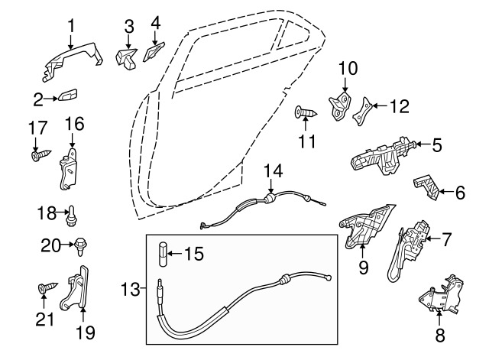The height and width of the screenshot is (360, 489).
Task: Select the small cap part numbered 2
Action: point(67,96)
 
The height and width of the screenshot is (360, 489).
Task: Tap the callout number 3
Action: point(129,27)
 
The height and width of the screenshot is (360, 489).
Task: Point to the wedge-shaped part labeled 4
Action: point(154,51)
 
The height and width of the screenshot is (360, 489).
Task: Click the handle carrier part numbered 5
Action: point(383,155)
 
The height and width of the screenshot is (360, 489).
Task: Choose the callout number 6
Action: point(460,193)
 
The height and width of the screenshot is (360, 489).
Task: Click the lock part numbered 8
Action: point(442,295)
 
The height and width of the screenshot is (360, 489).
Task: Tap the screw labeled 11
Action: point(306,112)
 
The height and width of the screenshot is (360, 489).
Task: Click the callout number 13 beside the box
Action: point(131,289)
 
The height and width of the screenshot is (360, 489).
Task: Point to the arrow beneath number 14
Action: point(270,186)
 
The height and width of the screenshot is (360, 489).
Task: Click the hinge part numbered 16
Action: point(68,169)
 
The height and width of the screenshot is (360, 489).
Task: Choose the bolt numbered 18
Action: point(71,216)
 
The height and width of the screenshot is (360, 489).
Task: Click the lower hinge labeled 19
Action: point(76,289)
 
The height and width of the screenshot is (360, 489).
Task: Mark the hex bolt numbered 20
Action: point(80,246)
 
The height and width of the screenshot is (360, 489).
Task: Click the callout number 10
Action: point(348,69)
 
